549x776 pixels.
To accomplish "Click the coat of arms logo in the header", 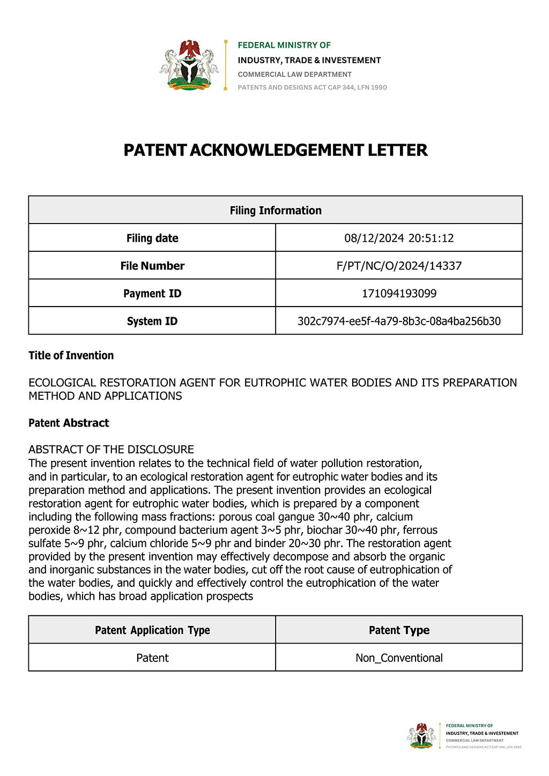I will coord(189,65).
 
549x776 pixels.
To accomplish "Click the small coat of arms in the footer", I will coord(422,735).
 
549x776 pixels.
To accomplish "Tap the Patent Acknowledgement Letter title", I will coord(276,150).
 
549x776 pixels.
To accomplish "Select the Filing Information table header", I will coord(276,211).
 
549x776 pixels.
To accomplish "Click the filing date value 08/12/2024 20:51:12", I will coord(399,238).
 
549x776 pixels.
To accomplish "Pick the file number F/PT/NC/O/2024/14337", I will coord(399,266).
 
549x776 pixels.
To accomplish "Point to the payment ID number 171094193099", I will coord(399,294).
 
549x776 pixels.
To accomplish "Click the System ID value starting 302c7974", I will coord(399,322).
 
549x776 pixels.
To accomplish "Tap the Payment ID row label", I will coord(152,294).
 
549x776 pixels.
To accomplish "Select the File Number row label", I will coord(152,266).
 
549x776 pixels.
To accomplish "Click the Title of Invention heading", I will coord(71,355).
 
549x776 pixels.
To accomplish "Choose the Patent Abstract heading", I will coord(69,423).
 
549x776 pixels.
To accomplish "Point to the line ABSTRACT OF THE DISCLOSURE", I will coord(111,449).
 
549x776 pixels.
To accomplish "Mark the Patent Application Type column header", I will coord(152,630).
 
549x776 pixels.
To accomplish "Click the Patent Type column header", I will coord(399,630).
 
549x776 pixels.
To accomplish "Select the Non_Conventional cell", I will coord(399,658).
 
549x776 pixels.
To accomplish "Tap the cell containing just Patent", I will coord(152,658).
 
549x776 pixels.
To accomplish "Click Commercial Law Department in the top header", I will coord(295,74).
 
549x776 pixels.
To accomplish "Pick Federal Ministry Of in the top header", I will coord(284,45).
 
